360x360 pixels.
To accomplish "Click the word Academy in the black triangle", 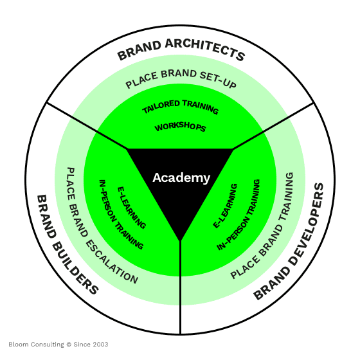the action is pos(181,178).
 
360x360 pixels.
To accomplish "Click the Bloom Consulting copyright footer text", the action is pos(59,345).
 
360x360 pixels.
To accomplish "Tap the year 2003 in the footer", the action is pos(100,345).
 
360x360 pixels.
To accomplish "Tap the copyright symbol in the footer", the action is pos(69,345).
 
